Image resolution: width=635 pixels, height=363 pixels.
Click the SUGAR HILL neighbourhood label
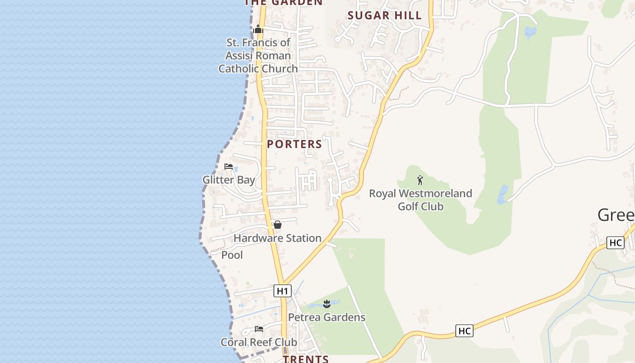coord(385,15)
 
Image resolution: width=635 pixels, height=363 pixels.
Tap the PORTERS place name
coord(294,144)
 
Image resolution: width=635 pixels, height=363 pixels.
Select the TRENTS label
coord(306,359)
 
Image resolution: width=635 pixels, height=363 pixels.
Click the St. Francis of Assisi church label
coord(258,55)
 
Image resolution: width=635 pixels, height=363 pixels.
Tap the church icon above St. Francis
coord(259,29)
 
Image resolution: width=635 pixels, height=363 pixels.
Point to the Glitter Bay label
coord(229,180)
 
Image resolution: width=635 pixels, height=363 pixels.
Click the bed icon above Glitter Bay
coord(229,167)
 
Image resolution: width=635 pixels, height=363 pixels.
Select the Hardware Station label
coord(277,238)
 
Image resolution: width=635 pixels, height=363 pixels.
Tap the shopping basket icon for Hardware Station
coord(278,225)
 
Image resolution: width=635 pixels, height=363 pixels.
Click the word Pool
coord(232,255)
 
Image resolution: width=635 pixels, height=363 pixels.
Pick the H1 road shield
coord(282,291)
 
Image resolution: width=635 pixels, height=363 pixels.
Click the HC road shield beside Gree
coord(615,243)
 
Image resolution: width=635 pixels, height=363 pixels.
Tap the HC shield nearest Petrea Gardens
coord(464,331)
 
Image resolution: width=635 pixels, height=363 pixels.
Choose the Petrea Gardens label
coord(327,317)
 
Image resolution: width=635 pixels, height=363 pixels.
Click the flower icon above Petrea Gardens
coord(327,304)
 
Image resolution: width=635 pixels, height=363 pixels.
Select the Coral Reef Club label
coord(259,342)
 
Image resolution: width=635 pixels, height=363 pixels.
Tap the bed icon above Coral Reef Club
coord(259,329)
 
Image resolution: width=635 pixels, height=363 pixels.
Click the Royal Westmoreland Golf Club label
coord(420,200)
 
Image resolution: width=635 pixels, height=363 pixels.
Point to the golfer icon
coord(420,180)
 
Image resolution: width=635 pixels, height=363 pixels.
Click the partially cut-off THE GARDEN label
coord(283,3)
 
